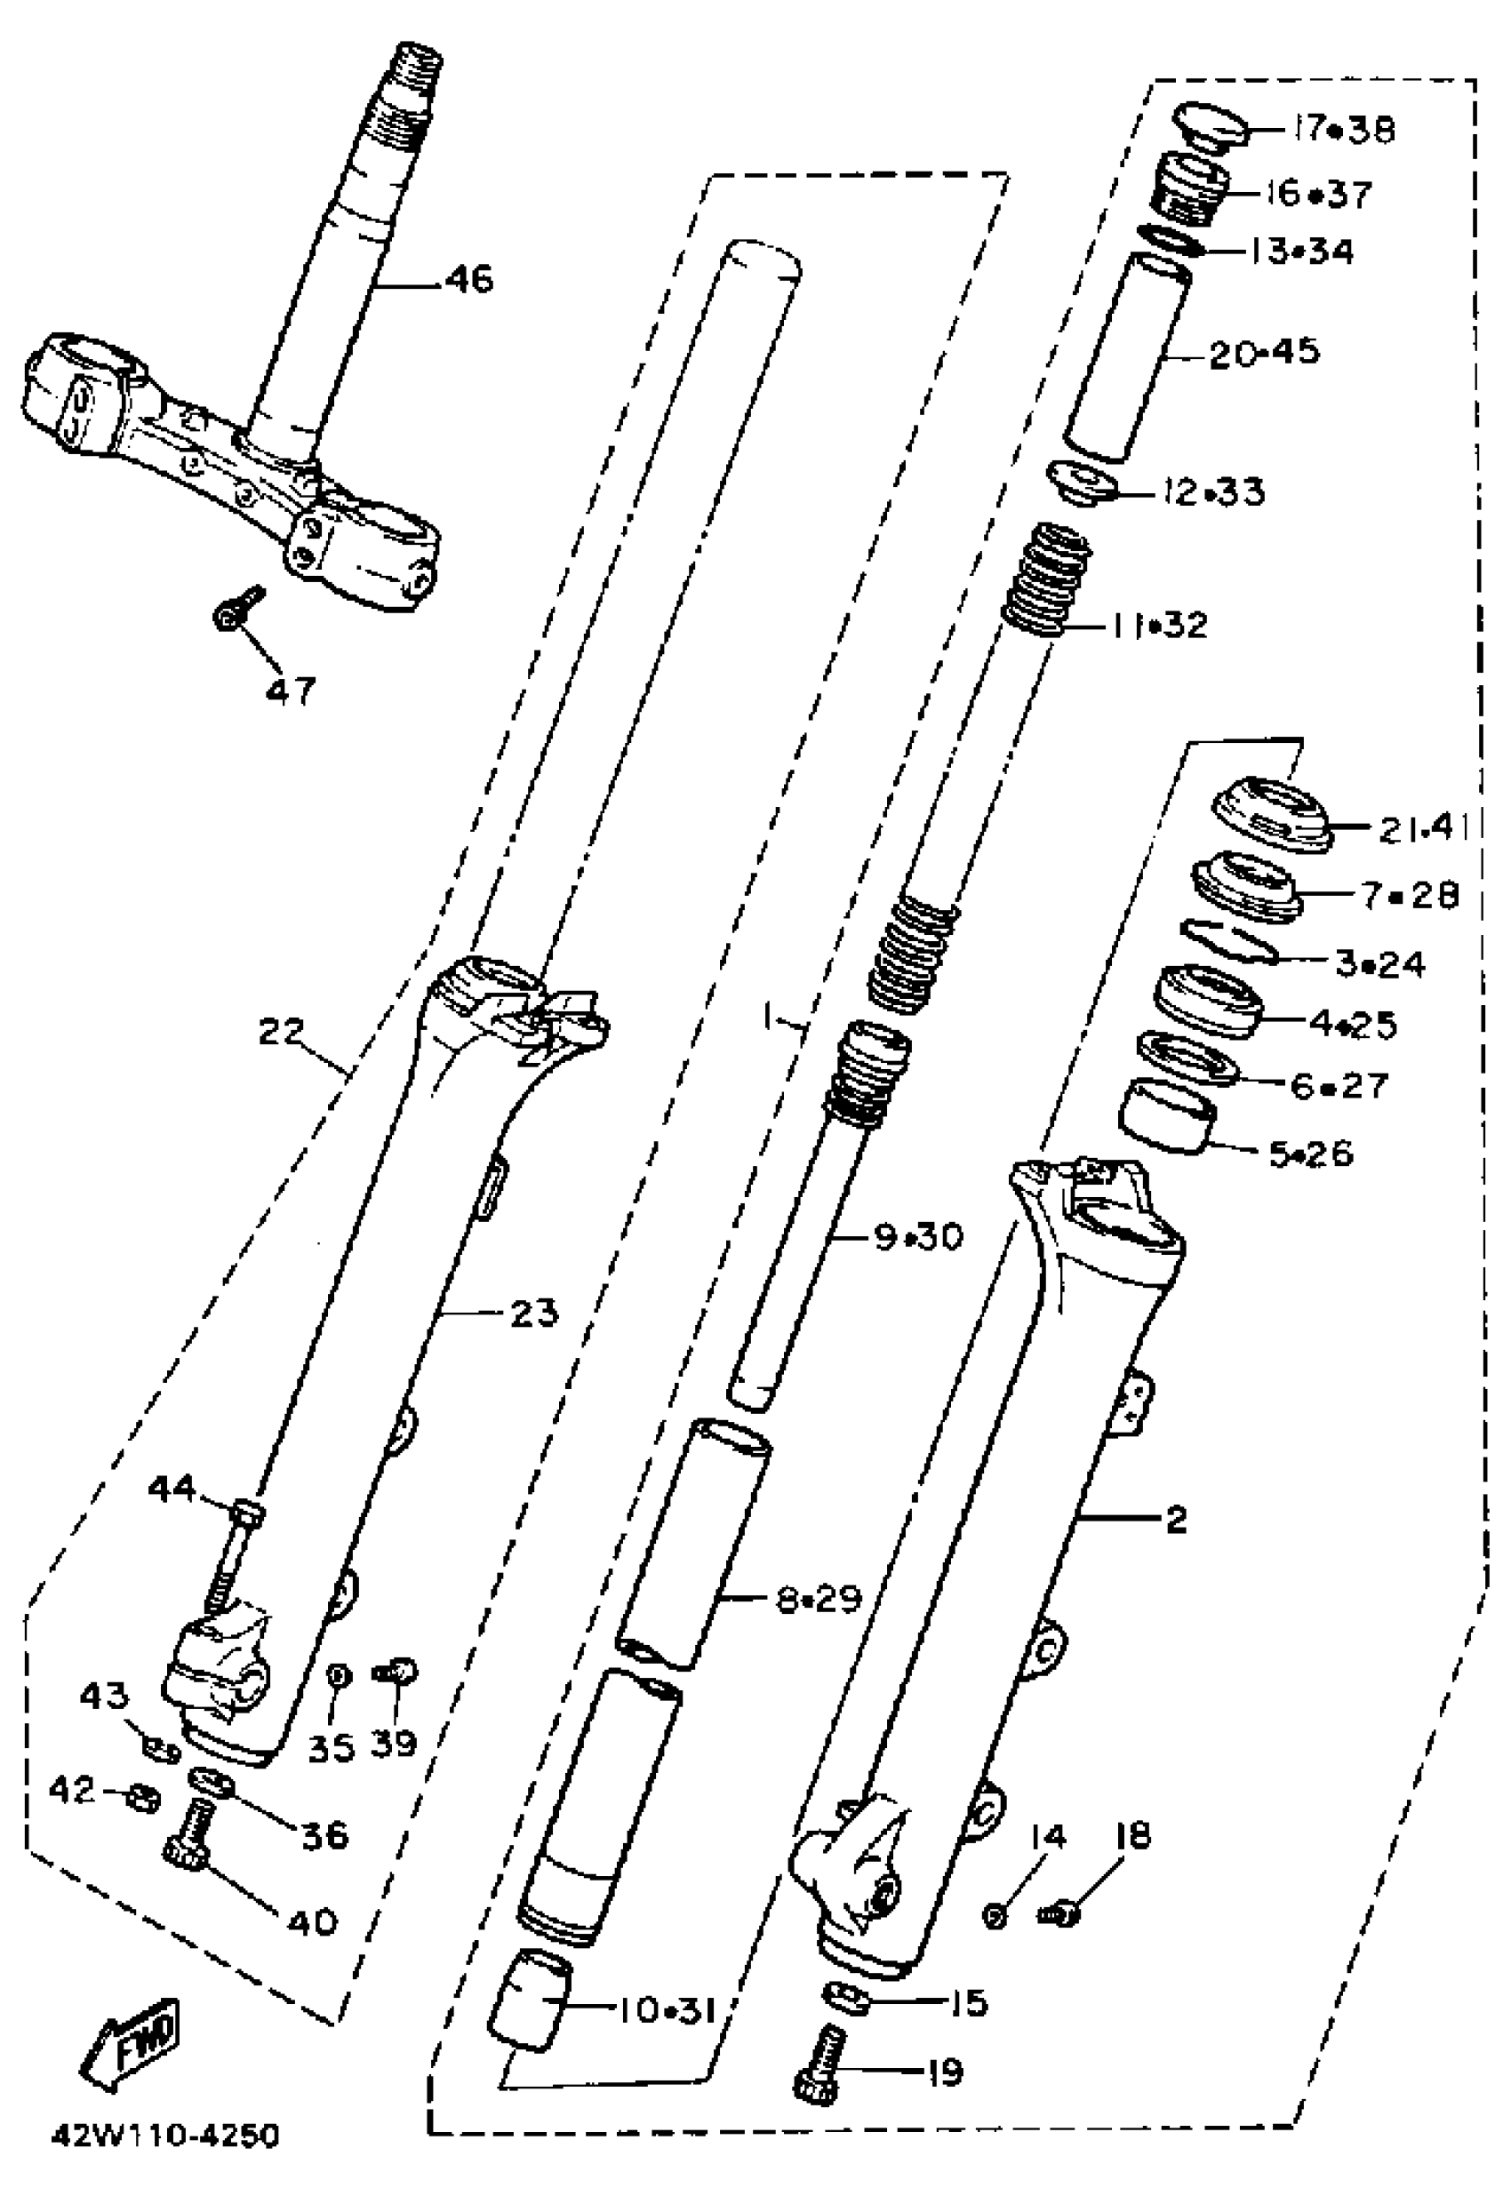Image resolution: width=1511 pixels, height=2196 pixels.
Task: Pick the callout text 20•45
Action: (x=1264, y=352)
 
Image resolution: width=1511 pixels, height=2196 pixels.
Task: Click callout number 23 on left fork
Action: (x=534, y=1314)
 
